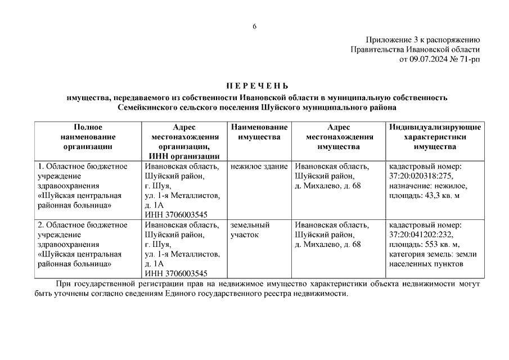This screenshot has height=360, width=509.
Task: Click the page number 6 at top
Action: [x=254, y=26]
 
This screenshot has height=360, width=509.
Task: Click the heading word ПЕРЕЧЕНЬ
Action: [x=257, y=86]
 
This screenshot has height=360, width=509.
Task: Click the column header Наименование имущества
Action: [x=259, y=132]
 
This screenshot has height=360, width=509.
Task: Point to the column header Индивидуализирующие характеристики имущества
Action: [x=434, y=137]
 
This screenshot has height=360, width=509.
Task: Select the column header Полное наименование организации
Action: [x=88, y=137]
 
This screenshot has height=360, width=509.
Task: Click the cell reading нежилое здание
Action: [x=259, y=166]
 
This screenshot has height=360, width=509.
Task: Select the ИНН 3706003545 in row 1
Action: [x=176, y=215]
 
